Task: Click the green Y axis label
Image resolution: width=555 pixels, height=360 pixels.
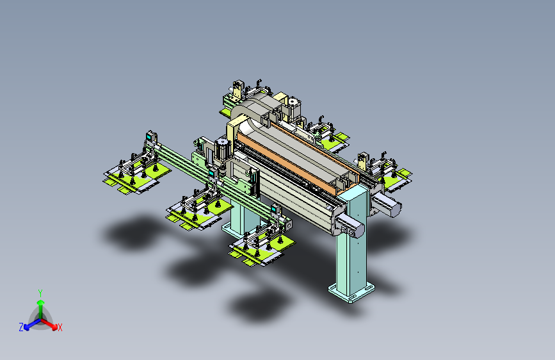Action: coord(40,293)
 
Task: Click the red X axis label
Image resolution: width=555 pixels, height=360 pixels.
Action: coord(60,328)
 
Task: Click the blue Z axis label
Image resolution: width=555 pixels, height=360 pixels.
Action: coord(21,327)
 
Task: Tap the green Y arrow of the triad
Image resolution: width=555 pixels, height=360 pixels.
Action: coord(41,309)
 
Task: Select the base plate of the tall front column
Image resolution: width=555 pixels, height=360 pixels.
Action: coord(351,293)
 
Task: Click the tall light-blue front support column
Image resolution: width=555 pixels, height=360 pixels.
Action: coord(351,245)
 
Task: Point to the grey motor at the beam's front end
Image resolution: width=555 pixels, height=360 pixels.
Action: coord(350,226)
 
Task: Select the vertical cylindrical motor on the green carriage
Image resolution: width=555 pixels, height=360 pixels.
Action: coord(222,149)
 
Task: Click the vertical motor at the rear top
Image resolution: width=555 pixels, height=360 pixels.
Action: coord(293,106)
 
